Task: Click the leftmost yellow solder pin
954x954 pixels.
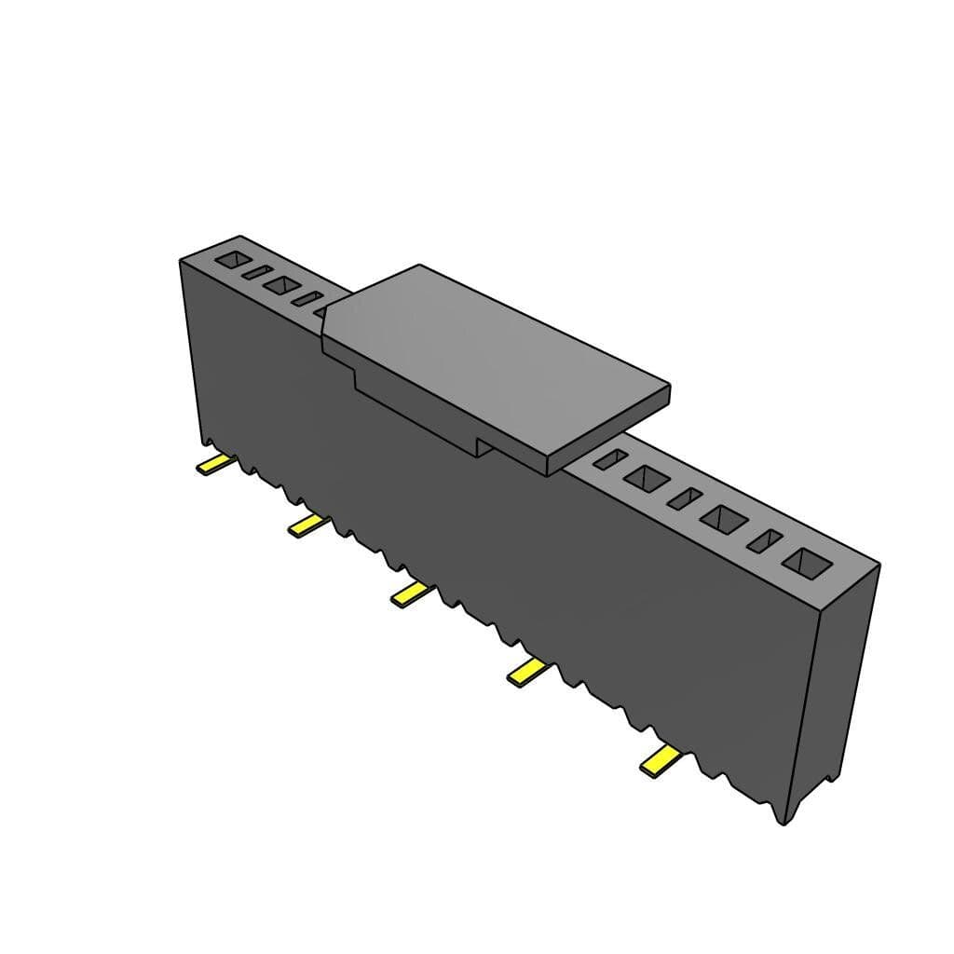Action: click(x=213, y=465)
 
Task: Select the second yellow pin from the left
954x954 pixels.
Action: click(x=308, y=525)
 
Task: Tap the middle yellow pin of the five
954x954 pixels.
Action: click(x=411, y=593)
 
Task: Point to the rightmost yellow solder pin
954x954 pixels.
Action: click(x=660, y=761)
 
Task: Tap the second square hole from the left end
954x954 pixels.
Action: click(x=279, y=285)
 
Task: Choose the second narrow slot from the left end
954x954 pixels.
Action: click(x=306, y=299)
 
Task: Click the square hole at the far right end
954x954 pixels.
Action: click(x=807, y=562)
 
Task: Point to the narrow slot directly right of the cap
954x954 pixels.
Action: click(x=608, y=458)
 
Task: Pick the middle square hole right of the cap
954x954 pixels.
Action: click(x=725, y=519)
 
